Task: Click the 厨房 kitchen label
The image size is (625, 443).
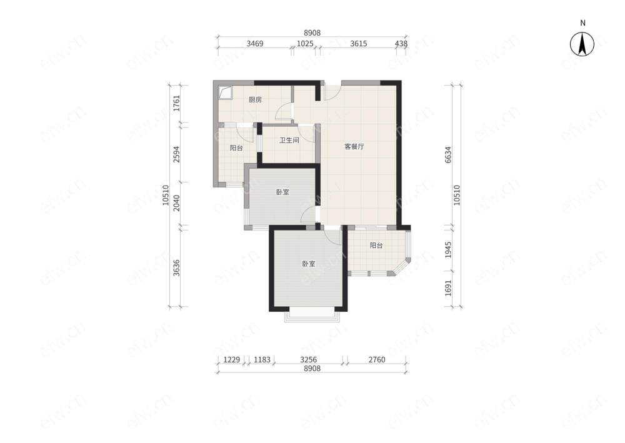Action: pyautogui.click(x=255, y=99)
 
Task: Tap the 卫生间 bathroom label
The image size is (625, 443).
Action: pyautogui.click(x=289, y=140)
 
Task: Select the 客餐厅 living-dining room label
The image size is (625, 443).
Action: pyautogui.click(x=354, y=146)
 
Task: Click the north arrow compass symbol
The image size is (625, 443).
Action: pyautogui.click(x=582, y=44)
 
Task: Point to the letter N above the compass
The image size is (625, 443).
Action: pyautogui.click(x=582, y=23)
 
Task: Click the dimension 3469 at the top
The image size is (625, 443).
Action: pyautogui.click(x=255, y=43)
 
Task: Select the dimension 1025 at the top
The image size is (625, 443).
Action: pyautogui.click(x=306, y=43)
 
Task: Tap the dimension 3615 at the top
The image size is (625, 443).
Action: pyautogui.click(x=359, y=43)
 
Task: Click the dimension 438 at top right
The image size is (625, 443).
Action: pyautogui.click(x=401, y=43)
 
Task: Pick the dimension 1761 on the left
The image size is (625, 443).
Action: pyautogui.click(x=177, y=103)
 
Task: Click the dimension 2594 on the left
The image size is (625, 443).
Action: pyautogui.click(x=177, y=154)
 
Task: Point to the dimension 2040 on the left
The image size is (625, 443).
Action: pyautogui.click(x=177, y=203)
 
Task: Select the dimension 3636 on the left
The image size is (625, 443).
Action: pyautogui.click(x=177, y=267)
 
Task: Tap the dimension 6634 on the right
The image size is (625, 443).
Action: pyautogui.click(x=448, y=155)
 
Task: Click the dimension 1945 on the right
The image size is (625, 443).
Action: pyautogui.click(x=448, y=250)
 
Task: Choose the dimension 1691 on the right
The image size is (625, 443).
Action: pyautogui.click(x=448, y=288)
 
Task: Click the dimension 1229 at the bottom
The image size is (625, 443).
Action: pyautogui.click(x=232, y=360)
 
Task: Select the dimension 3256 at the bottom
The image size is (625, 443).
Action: pyautogui.click(x=309, y=360)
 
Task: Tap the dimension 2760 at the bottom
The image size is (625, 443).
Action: pyautogui.click(x=377, y=360)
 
